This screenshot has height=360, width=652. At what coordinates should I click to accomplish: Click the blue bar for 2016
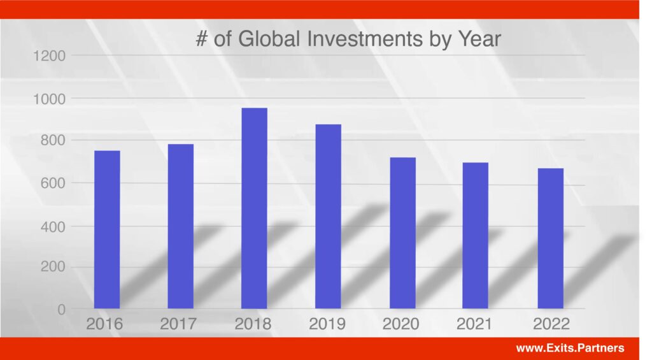pos(107,230)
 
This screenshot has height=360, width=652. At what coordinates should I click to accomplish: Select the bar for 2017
pos(180,226)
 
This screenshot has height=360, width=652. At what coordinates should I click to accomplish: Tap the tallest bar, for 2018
pos(255,208)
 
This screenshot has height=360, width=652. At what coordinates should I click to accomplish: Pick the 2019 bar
pos(328,217)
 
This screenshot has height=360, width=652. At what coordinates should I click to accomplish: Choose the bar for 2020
pos(402,233)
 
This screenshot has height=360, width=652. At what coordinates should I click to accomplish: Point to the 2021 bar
pos(475,236)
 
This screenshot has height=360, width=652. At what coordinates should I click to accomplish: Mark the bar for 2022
pos(551,238)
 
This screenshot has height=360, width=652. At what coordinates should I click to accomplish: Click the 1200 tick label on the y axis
pos(49,56)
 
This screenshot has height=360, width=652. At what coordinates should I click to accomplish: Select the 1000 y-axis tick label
pos(49,99)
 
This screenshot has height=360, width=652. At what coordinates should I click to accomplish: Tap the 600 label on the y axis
pos(53,183)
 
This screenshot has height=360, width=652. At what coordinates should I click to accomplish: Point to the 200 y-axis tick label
pos(53,266)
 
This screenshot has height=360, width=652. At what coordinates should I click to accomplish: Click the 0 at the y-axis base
pos(62,310)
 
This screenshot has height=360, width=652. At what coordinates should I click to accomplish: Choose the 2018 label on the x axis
pos(253,324)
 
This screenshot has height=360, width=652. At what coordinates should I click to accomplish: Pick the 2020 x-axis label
pos(401,324)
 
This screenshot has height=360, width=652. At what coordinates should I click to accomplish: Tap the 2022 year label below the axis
pos(551,324)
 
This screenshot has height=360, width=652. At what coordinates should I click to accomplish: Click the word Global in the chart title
pos(269,39)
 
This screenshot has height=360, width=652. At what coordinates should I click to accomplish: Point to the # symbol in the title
pos(202,39)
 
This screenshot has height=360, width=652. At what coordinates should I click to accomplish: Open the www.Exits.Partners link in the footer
pos(570,348)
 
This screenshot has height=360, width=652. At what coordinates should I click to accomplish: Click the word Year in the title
pos(479,39)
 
